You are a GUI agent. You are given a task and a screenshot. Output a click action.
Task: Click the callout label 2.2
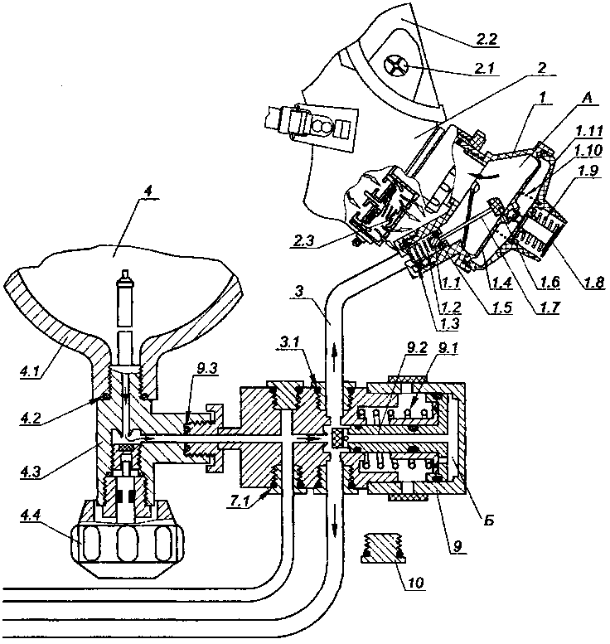486,40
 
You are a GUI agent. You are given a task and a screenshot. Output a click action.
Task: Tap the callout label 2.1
486,68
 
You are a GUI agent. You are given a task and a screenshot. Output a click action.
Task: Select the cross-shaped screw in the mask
394,66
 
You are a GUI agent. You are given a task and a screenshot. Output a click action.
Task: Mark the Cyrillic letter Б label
488,520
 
